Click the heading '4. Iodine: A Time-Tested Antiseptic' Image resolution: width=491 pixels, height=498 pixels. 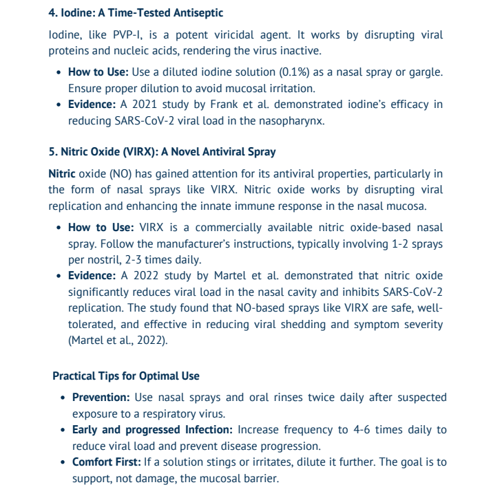136,13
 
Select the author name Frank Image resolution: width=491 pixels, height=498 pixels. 214,105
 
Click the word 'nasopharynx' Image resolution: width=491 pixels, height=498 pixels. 297,120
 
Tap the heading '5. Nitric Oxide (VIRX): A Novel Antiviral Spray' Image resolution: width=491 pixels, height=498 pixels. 161,151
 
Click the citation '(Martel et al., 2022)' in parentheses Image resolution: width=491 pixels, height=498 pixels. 117,340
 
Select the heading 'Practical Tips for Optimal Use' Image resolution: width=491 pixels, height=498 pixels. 126,376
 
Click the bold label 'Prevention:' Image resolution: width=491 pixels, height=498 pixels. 101,398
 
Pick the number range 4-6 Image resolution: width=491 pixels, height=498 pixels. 365,430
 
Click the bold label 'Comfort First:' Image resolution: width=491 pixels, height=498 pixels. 107,462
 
